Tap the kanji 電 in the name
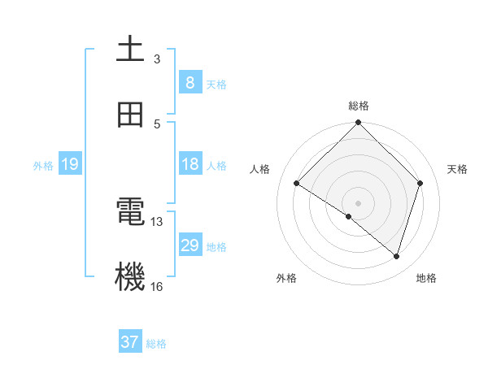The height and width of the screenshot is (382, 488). pos(130,213)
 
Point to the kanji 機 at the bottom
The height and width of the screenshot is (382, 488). pos(130,277)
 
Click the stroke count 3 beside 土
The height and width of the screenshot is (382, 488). pos(157,59)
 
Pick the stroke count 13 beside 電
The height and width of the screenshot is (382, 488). pos(157,221)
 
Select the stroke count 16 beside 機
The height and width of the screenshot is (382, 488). pos(157,286)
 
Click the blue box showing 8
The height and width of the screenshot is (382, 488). pos(190,82)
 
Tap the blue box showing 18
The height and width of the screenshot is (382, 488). pos(190,164)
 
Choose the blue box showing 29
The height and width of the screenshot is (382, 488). pos(190,245)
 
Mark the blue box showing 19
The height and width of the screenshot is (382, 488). pos(70,164)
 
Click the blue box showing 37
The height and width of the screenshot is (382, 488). pos(130,342)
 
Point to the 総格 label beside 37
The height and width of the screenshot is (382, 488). pos(156,344)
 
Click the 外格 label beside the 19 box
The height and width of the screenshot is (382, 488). pos(43,166)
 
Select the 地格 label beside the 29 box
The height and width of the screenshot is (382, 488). pos(216,247)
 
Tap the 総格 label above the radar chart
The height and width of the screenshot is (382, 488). pos(358,106)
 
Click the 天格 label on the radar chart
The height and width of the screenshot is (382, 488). pos(458,169)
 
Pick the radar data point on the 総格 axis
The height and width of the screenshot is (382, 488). pos(358,124)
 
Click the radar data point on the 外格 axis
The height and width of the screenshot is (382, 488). pos(349,216)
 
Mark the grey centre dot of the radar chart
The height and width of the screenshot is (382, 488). pos(358,202)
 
